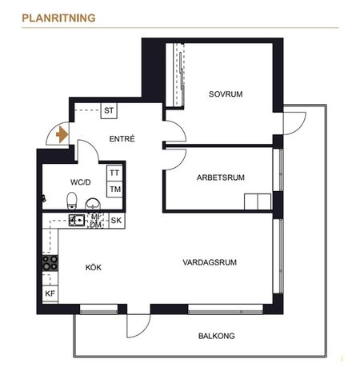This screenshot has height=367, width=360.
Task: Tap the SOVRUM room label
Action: tap(225, 94)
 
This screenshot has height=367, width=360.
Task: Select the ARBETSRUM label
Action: tap(220, 178)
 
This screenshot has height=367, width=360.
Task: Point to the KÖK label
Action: tap(94, 267)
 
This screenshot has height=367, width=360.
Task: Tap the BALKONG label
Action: tap(218, 336)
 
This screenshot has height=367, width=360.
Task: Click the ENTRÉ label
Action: tap(122, 139)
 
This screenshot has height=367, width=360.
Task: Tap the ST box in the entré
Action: tap(110, 111)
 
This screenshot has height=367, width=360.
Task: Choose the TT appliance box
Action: tap(114, 173)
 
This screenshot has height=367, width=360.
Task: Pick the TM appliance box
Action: tap(114, 189)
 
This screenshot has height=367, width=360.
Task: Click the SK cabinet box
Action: tap(115, 220)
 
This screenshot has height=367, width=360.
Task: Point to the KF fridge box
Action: tap(50, 294)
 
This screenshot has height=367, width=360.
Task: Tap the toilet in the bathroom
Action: tap(71, 199)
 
